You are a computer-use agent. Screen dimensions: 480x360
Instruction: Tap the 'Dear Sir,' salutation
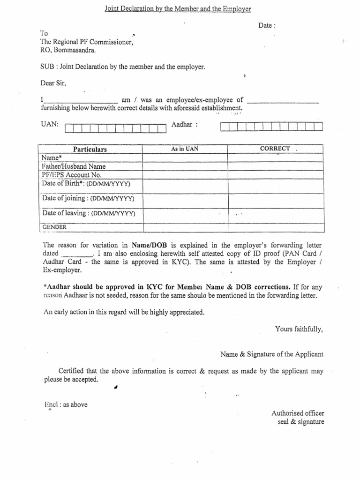click(53, 83)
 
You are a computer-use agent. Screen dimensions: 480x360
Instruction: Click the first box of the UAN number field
click(70, 128)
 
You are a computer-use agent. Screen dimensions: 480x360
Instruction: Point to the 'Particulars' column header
click(90, 149)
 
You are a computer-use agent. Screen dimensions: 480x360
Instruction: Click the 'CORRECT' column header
click(275, 149)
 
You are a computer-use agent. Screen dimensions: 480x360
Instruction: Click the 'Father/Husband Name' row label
click(74, 166)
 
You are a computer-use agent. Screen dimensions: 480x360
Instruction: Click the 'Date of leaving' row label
click(89, 213)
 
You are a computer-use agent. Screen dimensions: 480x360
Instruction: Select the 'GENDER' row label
click(54, 227)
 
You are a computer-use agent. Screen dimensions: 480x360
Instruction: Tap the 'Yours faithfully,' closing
click(299, 329)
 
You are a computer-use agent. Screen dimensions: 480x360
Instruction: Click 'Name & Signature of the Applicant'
click(272, 354)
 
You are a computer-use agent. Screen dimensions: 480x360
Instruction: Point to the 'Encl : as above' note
click(66, 405)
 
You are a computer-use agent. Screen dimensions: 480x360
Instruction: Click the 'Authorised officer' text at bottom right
click(298, 413)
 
